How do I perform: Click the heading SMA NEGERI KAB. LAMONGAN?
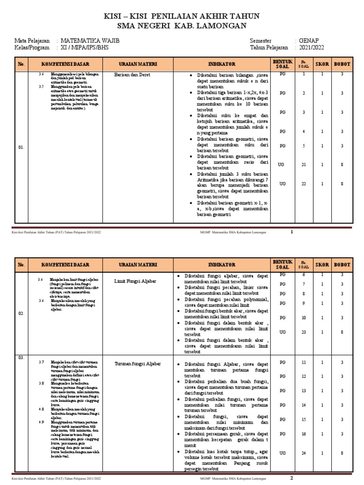pos(182,26)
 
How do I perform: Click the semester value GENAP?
pos(309,41)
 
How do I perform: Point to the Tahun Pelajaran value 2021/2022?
pos(312,48)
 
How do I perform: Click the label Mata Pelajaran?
pos(33,41)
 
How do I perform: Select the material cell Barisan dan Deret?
pos(132,75)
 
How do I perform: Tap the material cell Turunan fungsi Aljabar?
pos(138,363)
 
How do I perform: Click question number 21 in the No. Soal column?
pos(304,164)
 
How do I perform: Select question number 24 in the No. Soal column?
pos(304,453)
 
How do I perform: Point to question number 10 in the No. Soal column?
pos(304,317)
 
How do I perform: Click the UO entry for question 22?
pos(282,183)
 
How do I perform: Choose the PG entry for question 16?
pos(282,434)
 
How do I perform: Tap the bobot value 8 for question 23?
pos(342,332)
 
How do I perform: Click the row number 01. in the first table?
pos(21,148)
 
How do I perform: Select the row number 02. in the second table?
pos(21,313)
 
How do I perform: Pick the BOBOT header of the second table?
pos(342,264)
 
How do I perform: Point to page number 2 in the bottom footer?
pos(292,477)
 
